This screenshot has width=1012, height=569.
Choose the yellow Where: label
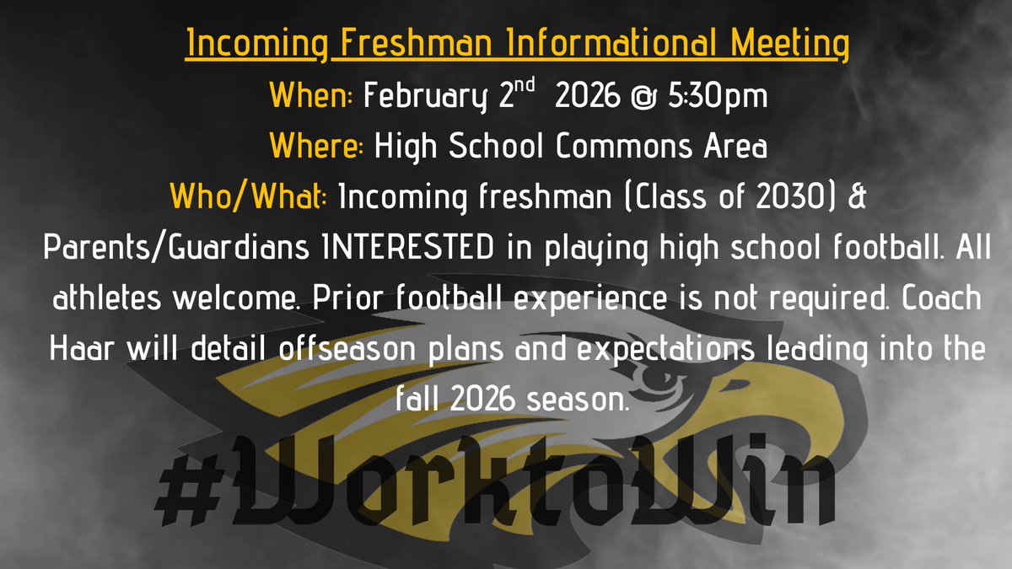pyautogui.click(x=316, y=148)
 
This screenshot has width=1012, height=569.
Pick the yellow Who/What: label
pyautogui.click(x=248, y=199)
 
